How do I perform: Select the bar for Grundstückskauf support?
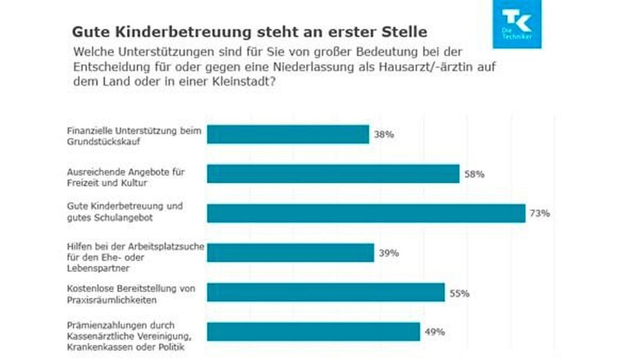pyautogui.click(x=288, y=134)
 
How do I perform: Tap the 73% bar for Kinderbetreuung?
pyautogui.click(x=366, y=214)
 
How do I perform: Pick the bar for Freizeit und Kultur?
pyautogui.click(x=333, y=174)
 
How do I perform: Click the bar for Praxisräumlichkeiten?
pyautogui.click(x=326, y=292)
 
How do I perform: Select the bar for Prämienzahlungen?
pyautogui.click(x=314, y=332)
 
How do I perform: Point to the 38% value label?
pyautogui.click(x=384, y=135)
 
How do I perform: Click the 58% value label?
pyautogui.click(x=474, y=174)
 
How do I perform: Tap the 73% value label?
pyautogui.click(x=540, y=214)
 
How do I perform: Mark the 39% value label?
pyautogui.click(x=389, y=253)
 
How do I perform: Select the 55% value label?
pyautogui.click(x=459, y=293)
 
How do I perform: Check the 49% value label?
pyautogui.click(x=435, y=332)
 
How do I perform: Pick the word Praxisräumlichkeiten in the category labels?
pyautogui.click(x=112, y=299)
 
